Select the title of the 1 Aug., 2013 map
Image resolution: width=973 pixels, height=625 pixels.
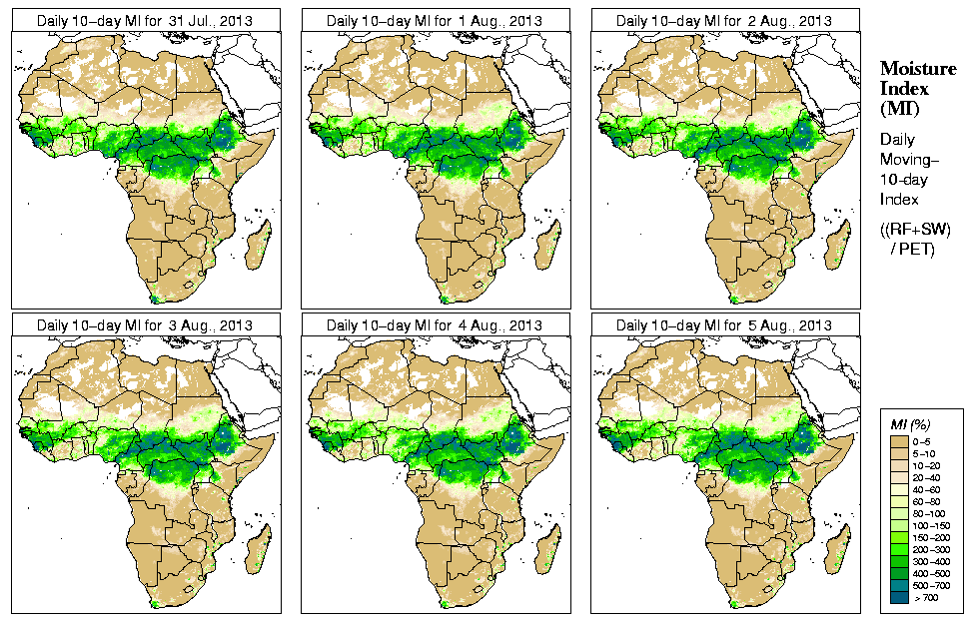(435, 21)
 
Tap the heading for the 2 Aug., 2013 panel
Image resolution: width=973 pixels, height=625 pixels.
(724, 21)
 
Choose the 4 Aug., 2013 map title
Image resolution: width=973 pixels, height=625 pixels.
(435, 325)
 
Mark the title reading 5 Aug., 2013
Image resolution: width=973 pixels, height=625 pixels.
(724, 325)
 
